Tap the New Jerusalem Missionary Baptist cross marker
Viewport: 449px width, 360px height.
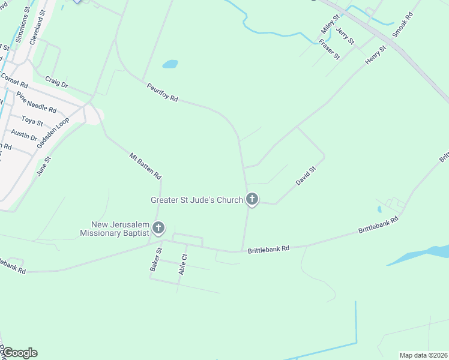point(158,227)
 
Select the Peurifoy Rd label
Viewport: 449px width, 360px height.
point(163,93)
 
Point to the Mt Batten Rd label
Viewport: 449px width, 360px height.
point(146,167)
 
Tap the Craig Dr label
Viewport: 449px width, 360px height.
point(57,82)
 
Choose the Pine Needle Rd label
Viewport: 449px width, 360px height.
point(36,103)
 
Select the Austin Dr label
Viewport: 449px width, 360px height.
point(24,134)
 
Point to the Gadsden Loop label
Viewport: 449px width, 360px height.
point(53,133)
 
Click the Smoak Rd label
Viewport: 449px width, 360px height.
point(403,24)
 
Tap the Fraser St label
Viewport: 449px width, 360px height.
point(330,49)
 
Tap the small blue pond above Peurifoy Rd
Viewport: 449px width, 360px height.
point(170,64)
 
